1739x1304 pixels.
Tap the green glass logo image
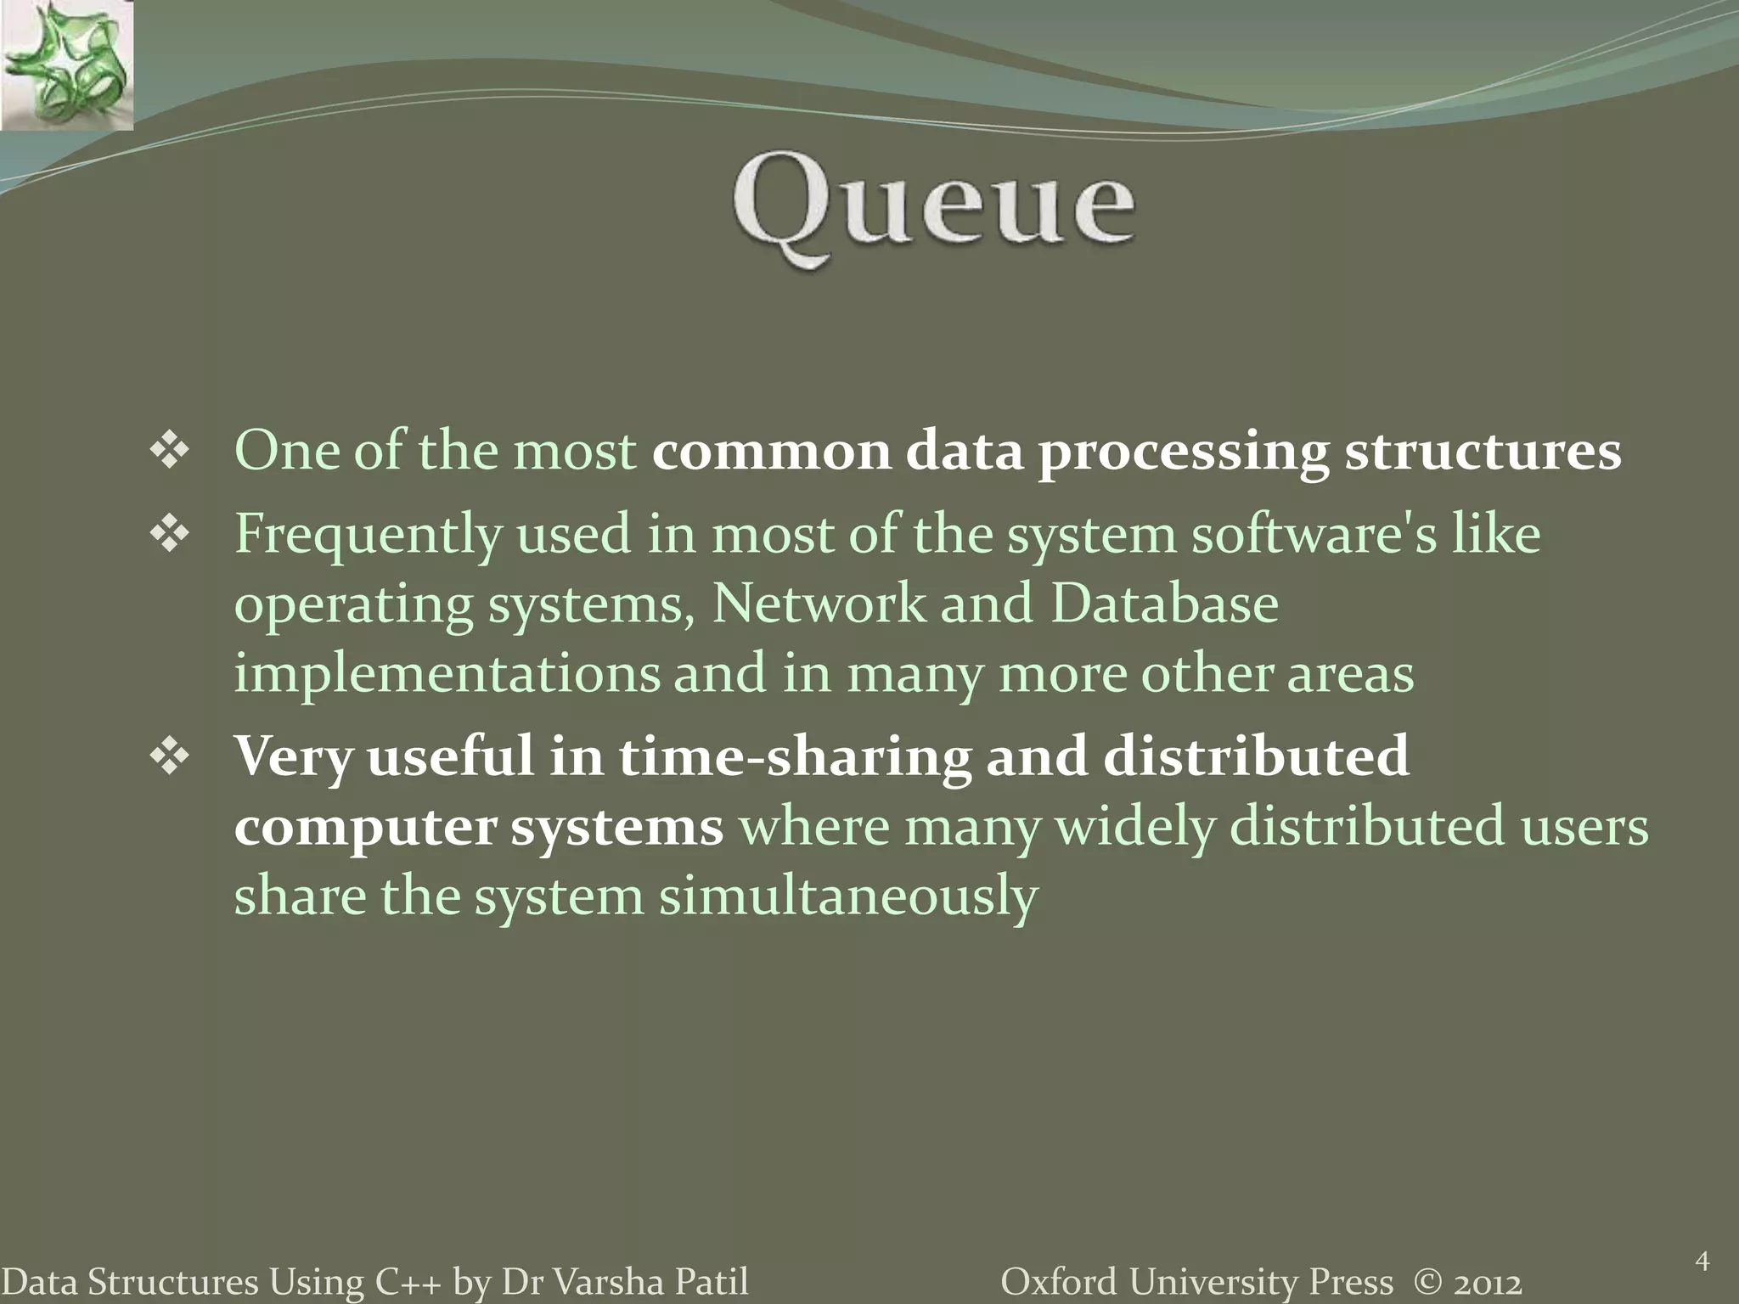pyautogui.click(x=66, y=65)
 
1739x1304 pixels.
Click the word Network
pyautogui.click(x=819, y=604)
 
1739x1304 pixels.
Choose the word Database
pyautogui.click(x=1164, y=604)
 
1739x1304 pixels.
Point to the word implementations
pyautogui.click(x=447, y=675)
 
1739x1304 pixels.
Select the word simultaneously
pyautogui.click(x=848, y=896)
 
